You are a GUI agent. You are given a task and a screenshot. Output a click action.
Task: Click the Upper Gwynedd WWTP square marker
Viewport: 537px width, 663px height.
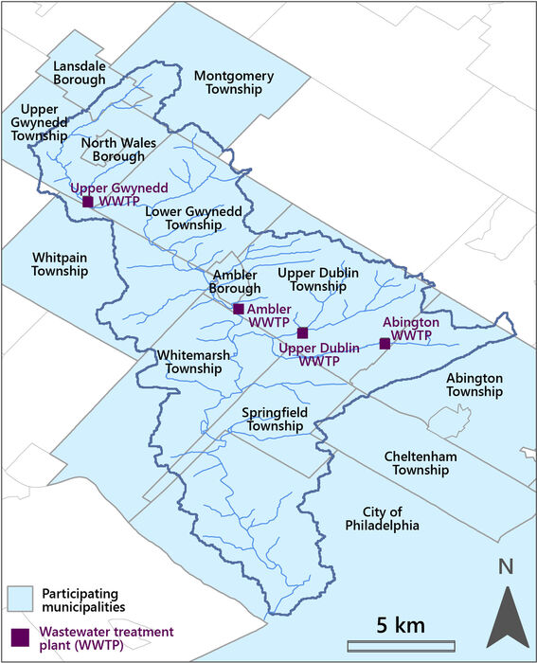point(88,202)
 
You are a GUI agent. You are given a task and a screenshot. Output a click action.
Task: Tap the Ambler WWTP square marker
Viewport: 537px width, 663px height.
point(239,309)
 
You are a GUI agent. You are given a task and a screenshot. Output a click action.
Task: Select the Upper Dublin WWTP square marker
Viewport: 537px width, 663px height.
point(303,333)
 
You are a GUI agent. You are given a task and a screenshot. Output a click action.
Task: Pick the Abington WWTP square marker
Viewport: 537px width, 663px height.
point(385,344)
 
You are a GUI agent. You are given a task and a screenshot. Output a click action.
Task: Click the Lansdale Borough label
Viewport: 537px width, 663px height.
point(80,73)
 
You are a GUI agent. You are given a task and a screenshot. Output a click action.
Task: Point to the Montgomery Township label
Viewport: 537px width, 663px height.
point(233,82)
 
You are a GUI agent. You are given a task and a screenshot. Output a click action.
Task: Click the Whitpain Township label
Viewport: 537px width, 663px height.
point(60,264)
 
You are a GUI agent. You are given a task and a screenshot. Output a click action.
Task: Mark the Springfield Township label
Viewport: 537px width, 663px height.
point(272,420)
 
